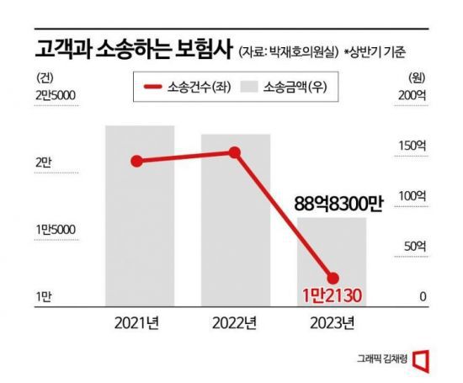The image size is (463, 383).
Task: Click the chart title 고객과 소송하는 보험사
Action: tap(118, 49)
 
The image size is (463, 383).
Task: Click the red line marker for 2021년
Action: tap(137, 161)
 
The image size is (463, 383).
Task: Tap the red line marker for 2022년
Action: tap(235, 152)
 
